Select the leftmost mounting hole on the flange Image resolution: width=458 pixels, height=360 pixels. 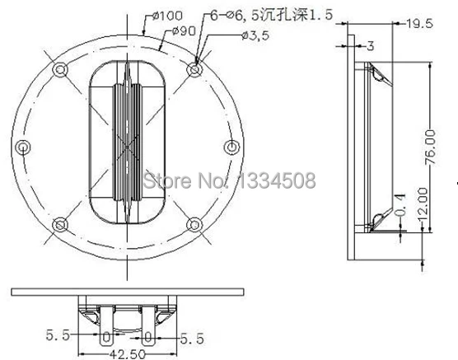26,147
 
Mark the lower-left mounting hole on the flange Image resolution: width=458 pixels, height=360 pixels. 58,222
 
